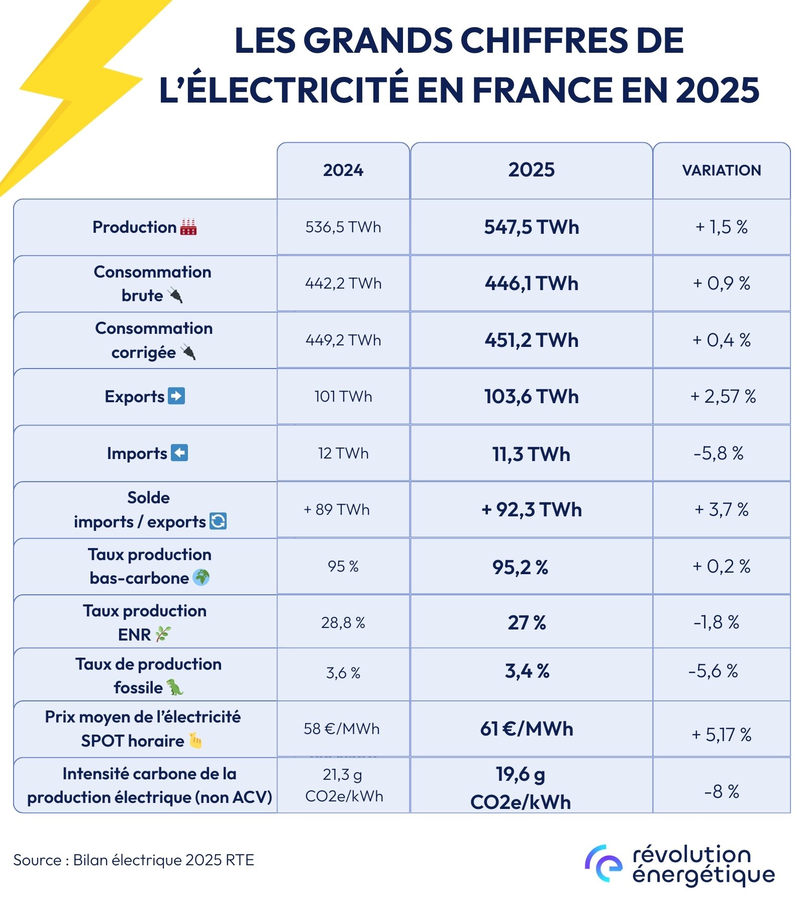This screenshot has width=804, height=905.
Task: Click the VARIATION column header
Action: pos(721,170)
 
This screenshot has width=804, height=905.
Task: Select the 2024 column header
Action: pos(343,170)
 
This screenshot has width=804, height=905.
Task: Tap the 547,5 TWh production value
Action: pos(531,227)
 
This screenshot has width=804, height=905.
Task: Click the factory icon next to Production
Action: pos(188,227)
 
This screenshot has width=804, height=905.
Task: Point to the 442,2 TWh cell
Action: pos(343,284)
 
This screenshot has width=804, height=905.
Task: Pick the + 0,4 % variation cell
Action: pos(721,340)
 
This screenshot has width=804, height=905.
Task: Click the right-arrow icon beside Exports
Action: pos(176,396)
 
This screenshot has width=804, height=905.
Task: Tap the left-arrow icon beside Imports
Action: pos(179,453)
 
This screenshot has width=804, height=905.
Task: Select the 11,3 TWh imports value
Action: pos(531,455)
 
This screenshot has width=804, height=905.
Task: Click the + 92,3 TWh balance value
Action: pos(531,510)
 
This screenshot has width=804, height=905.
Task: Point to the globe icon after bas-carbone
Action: pos(201,577)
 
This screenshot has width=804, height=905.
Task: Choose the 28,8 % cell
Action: pos(343,623)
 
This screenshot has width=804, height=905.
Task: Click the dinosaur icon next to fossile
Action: pos(175,687)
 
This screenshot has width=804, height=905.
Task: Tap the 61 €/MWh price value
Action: pos(527,729)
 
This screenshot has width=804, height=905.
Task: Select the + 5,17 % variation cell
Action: pos(721,735)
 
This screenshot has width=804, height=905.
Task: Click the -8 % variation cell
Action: pos(721,792)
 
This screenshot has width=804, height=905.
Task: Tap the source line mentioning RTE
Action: pos(134,860)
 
